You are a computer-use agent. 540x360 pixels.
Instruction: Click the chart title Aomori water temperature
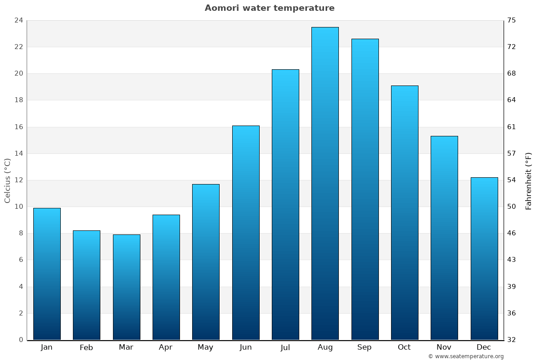coord(270,8)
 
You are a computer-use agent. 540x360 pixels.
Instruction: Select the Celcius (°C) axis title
coord(7,180)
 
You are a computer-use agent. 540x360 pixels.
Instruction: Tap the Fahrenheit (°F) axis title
coord(529,180)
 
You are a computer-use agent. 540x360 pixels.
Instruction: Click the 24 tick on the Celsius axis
coord(18,20)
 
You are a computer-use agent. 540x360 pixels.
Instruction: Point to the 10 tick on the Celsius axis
coord(18,207)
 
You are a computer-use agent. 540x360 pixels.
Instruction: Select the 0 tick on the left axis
coord(21,340)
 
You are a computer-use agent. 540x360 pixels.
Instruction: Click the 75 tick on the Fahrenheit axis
coord(512,20)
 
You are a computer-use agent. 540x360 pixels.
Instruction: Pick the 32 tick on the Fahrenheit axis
coord(512,340)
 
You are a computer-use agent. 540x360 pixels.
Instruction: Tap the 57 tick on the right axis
coord(512,153)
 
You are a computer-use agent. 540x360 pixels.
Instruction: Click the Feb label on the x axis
coord(86,347)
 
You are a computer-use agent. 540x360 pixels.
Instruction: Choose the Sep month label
coord(364,347)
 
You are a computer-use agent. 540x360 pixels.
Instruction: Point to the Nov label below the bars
coord(444,347)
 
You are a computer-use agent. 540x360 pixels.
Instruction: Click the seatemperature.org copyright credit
coord(466,356)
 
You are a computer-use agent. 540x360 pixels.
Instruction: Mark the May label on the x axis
coord(206,347)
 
